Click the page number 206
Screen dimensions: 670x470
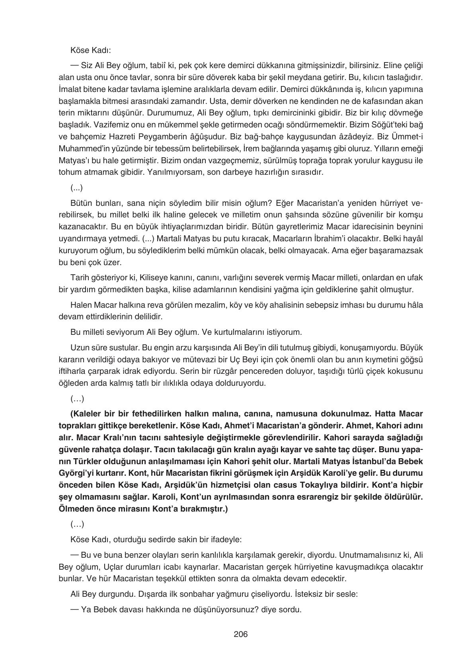point(240,634)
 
